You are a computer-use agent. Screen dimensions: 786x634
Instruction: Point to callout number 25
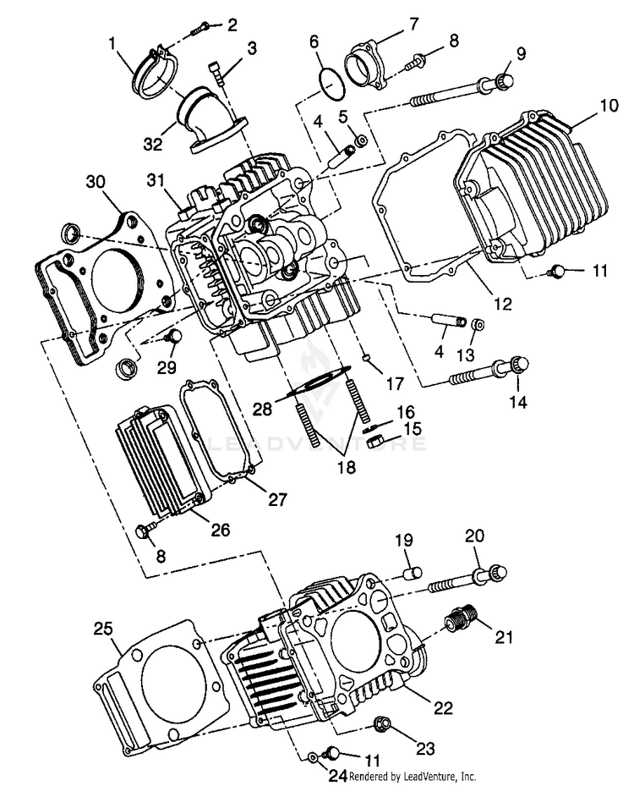[x=102, y=629]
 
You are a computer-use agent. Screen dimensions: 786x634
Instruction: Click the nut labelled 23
[x=382, y=725]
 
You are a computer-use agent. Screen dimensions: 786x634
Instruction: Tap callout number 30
[x=96, y=183]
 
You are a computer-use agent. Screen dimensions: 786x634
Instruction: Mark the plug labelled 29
[x=174, y=338]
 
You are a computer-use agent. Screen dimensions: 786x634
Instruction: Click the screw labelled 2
[x=199, y=29]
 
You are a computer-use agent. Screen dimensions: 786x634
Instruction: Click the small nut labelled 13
[x=477, y=324]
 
